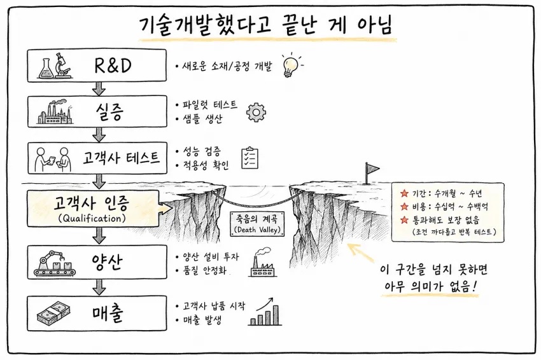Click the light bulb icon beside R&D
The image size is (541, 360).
click(x=290, y=66)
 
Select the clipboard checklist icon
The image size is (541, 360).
click(x=249, y=158)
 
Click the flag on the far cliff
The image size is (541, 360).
click(x=372, y=172)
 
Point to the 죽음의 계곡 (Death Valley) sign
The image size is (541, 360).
click(x=257, y=224)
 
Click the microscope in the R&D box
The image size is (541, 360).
click(x=62, y=65)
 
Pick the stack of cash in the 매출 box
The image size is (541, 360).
click(x=53, y=313)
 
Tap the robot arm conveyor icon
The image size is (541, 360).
click(x=55, y=263)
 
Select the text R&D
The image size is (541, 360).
click(x=113, y=65)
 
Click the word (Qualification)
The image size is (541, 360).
click(x=92, y=218)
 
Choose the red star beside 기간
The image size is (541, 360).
click(x=404, y=193)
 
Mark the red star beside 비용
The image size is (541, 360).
click(x=404, y=207)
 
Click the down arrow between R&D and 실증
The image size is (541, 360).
click(x=99, y=88)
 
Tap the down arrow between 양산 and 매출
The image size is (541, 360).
click(x=99, y=287)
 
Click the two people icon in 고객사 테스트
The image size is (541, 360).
click(x=53, y=159)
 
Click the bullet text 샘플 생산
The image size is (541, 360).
click(x=203, y=119)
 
